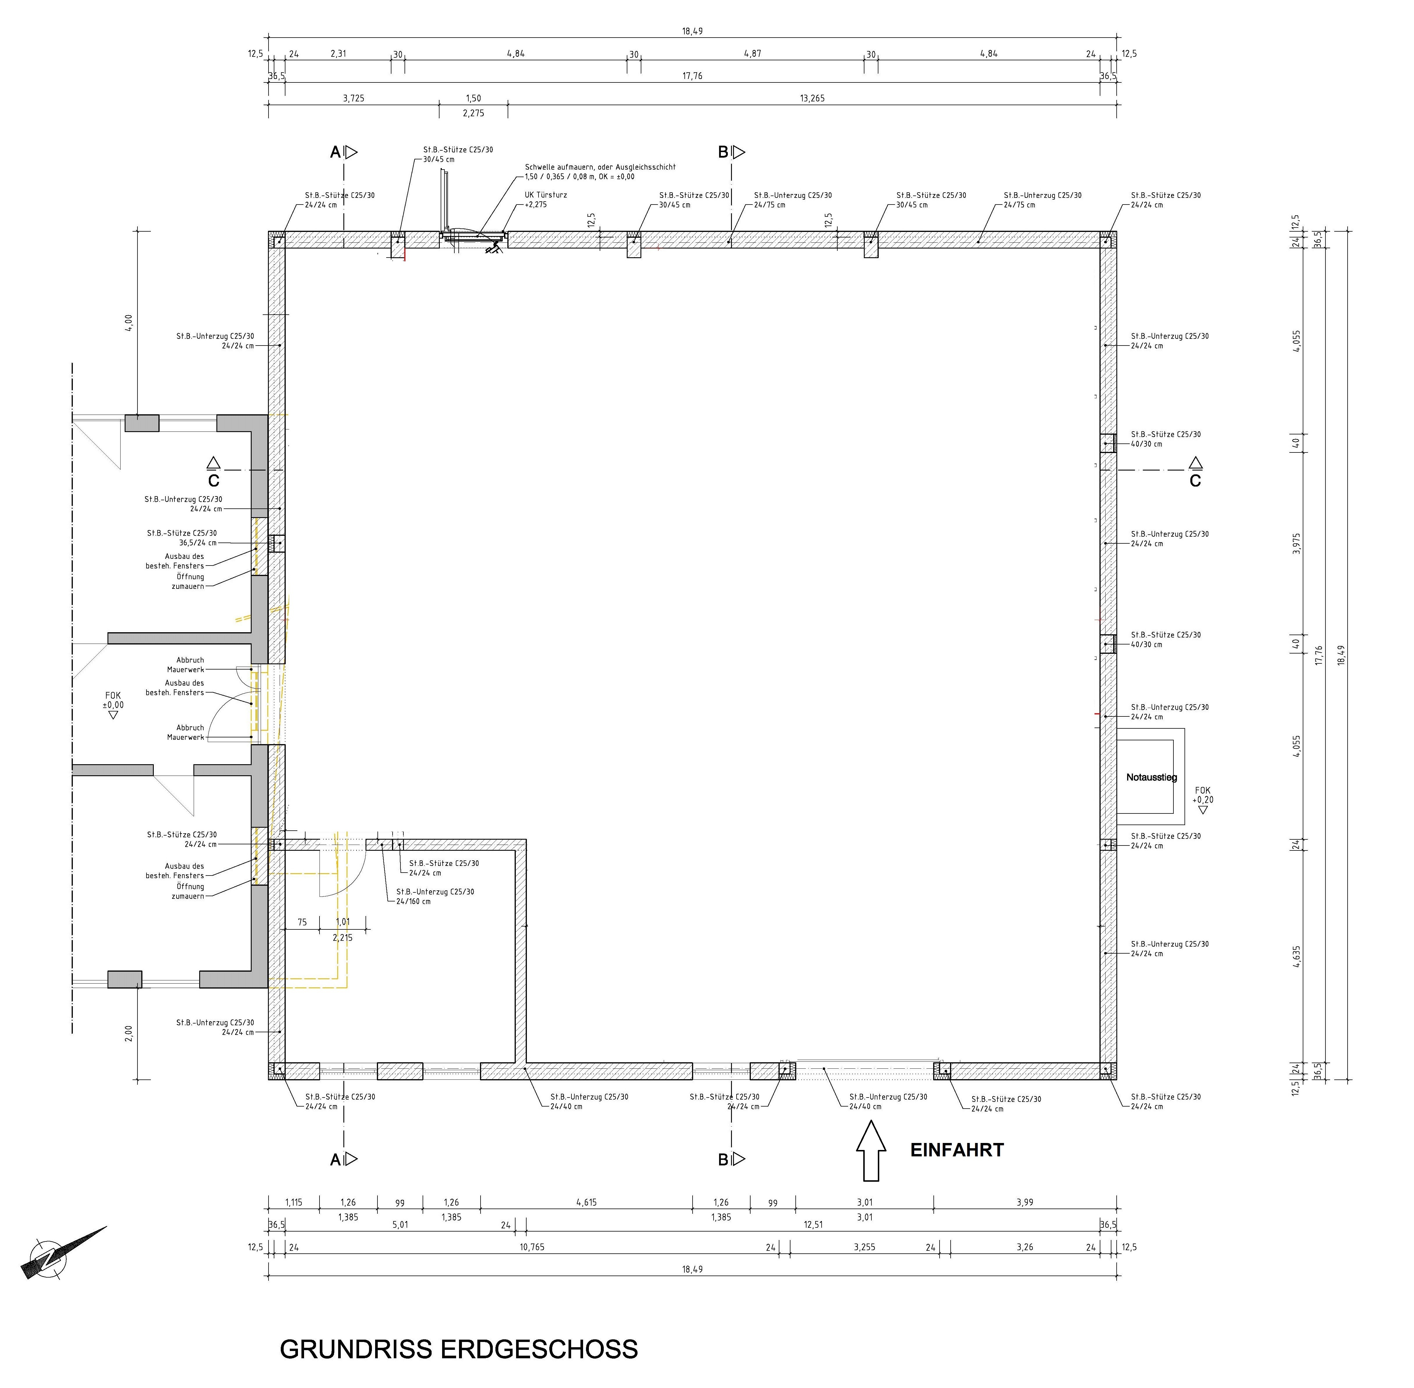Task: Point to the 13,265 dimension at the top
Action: (812, 98)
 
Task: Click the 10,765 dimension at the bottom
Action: (532, 1247)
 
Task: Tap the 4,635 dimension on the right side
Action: (1297, 957)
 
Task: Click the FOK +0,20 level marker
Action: (1203, 799)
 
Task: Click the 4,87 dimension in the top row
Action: (752, 53)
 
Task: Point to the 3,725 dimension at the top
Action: (354, 98)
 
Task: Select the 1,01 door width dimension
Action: (343, 922)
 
